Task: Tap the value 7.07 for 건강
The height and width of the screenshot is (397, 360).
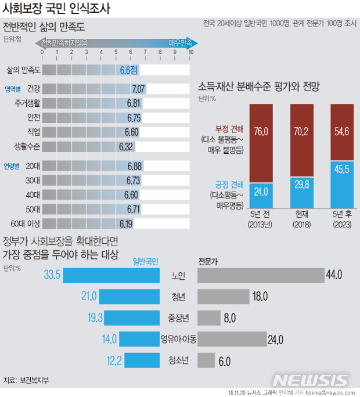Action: tap(138, 89)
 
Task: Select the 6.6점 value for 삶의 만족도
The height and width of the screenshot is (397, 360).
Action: tap(129, 70)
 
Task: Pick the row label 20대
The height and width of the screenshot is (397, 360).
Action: tap(33, 166)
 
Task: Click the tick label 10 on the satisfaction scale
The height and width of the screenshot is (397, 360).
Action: tap(190, 53)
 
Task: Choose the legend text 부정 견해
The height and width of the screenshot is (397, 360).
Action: tap(230, 129)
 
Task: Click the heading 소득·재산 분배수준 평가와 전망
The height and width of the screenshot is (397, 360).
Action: tap(259, 86)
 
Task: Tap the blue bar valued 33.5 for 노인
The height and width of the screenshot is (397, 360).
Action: tap(111, 275)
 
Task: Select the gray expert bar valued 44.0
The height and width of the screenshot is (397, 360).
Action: tap(261, 275)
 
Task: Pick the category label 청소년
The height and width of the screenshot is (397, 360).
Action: tap(179, 360)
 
